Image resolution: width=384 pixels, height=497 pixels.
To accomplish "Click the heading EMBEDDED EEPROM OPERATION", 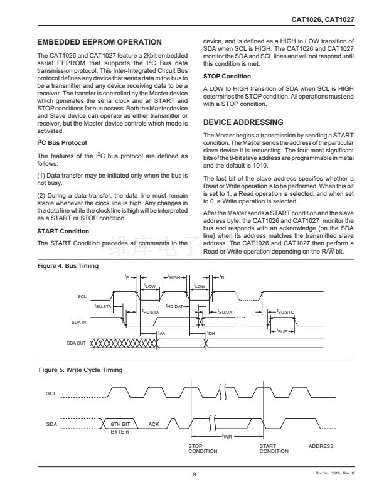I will (100, 42).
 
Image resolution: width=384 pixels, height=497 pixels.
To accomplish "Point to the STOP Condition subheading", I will (227, 77).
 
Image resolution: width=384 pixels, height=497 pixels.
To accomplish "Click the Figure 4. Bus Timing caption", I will (68, 266).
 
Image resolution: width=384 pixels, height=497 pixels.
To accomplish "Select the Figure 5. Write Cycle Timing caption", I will (80, 370).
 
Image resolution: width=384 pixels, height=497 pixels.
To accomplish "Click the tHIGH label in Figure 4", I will (171, 277).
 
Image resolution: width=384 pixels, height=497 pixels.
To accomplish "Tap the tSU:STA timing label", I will (102, 307).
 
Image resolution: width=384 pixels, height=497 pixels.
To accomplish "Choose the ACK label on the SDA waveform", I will (154, 425).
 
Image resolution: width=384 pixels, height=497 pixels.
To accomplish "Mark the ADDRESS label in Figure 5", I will (321, 446).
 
